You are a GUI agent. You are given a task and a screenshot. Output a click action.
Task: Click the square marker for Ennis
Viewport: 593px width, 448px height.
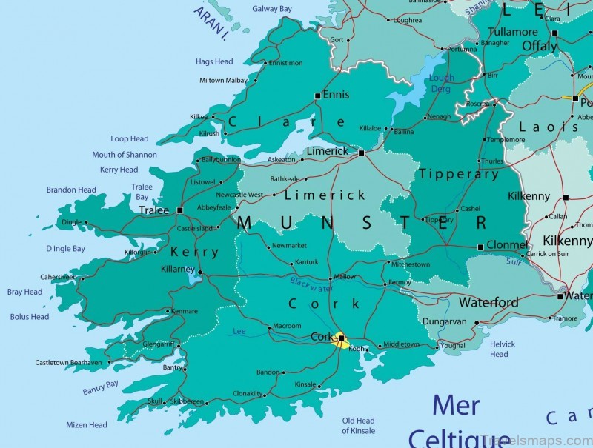(x=317, y=96)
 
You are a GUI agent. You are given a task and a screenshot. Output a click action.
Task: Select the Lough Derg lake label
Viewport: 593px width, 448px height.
(x=441, y=83)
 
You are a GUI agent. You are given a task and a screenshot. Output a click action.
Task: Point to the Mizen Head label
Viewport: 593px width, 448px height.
(x=86, y=425)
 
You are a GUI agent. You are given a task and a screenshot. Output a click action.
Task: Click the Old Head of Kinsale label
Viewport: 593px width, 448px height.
(x=358, y=426)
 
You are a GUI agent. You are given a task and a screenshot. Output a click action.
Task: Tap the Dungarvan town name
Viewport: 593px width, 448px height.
(x=445, y=322)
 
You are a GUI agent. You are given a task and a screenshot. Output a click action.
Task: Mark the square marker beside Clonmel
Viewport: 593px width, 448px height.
(x=480, y=247)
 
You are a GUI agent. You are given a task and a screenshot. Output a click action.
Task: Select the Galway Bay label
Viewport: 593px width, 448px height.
(x=271, y=9)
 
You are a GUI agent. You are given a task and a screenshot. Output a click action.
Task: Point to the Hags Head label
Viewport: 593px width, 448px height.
(x=214, y=61)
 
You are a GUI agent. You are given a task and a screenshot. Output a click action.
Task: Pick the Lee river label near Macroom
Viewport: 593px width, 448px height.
(x=239, y=331)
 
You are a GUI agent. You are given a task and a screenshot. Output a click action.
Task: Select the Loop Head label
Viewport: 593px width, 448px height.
(x=130, y=138)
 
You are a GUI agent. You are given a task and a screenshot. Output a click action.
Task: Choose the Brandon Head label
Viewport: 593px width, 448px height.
(x=71, y=190)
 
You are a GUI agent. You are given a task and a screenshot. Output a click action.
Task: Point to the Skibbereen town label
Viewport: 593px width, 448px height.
(x=187, y=401)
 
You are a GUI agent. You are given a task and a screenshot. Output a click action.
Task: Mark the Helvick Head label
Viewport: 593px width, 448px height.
(x=502, y=349)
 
